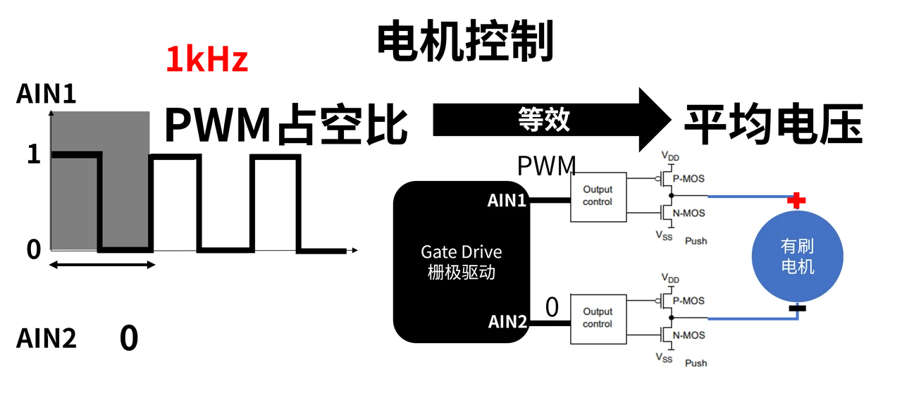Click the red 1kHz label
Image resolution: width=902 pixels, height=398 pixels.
pyautogui.click(x=206, y=59)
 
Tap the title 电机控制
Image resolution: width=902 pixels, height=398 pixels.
pyautogui.click(x=465, y=41)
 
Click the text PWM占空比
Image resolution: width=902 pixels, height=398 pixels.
pyautogui.click(x=286, y=125)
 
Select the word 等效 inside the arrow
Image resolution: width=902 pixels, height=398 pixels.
pyautogui.click(x=543, y=120)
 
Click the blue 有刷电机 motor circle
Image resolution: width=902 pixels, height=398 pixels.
pyautogui.click(x=797, y=256)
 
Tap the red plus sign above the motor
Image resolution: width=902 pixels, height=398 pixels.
pyautogui.click(x=796, y=200)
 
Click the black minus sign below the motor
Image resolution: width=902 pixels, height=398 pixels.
pyautogui.click(x=797, y=309)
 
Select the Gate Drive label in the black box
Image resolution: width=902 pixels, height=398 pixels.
pyautogui.click(x=462, y=252)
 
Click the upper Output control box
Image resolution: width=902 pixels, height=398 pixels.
pyautogui.click(x=598, y=197)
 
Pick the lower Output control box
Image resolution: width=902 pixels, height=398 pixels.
pyautogui.click(x=598, y=319)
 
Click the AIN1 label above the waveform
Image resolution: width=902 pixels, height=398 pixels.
pyautogui.click(x=46, y=94)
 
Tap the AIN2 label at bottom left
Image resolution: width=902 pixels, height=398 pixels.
pyautogui.click(x=46, y=338)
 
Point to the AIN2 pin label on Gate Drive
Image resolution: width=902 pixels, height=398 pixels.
pyautogui.click(x=507, y=321)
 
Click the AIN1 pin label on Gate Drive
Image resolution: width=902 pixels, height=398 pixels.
pyautogui.click(x=507, y=200)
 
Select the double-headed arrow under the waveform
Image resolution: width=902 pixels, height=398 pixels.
pyautogui.click(x=102, y=265)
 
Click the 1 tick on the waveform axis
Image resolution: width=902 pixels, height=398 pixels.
pyautogui.click(x=34, y=154)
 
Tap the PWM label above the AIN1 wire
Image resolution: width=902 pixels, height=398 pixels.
pyautogui.click(x=546, y=166)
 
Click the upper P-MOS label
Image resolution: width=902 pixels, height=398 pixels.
pyautogui.click(x=688, y=179)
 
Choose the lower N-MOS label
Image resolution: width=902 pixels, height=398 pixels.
pyautogui.click(x=688, y=335)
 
